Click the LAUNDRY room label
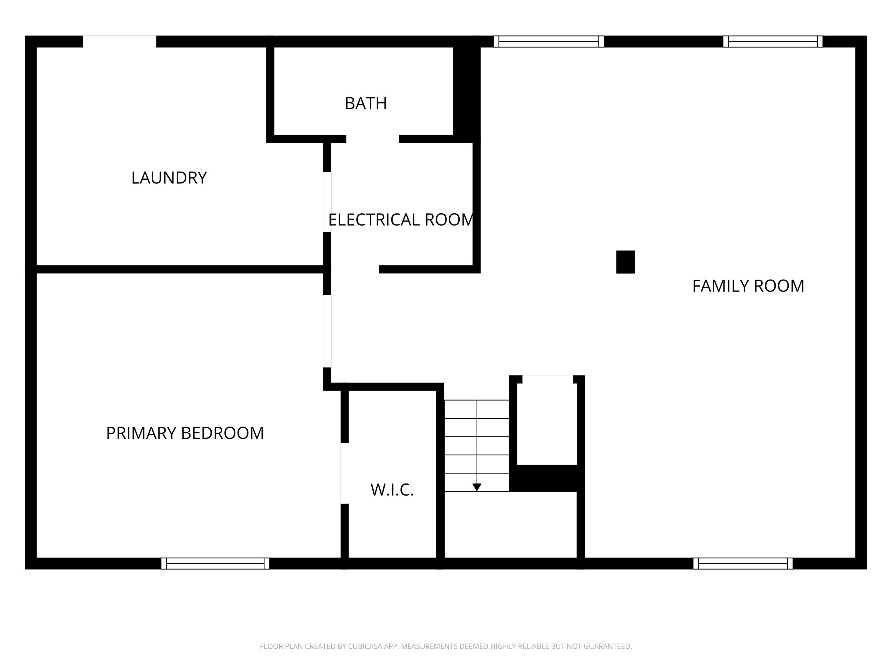click(169, 178)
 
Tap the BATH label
click(366, 103)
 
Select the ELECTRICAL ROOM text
click(401, 220)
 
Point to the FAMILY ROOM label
click(748, 286)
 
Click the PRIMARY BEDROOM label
click(185, 433)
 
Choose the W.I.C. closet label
click(392, 490)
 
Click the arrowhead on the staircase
click(477, 488)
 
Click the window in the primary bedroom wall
click(215, 563)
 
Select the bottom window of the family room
click(743, 563)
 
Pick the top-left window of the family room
click(548, 42)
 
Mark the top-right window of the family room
click(773, 42)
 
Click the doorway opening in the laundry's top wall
click(120, 42)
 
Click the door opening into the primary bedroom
click(327, 331)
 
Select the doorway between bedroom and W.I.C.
click(345, 473)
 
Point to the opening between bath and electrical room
click(373, 139)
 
